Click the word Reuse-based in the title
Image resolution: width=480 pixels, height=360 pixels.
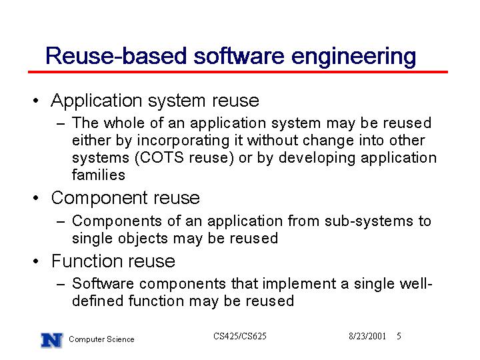pyautogui.click(x=116, y=56)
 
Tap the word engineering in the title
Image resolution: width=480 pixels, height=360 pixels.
pyautogui.click(x=353, y=57)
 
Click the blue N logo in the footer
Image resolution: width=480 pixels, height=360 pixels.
pyautogui.click(x=52, y=340)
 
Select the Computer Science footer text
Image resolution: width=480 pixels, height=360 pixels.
pyautogui.click(x=101, y=339)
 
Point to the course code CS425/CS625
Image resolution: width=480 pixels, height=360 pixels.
pyautogui.click(x=240, y=336)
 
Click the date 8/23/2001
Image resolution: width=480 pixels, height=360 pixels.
pyautogui.click(x=367, y=336)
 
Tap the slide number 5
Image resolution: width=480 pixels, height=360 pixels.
pyautogui.click(x=399, y=336)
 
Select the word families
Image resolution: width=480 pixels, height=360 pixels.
pyautogui.click(x=99, y=175)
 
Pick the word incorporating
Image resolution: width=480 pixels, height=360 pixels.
pyautogui.click(x=183, y=141)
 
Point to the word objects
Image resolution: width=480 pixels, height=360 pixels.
pyautogui.click(x=143, y=239)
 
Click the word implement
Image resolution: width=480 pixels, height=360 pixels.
pyautogui.click(x=299, y=284)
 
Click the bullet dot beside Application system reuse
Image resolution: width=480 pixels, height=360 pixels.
pyautogui.click(x=36, y=101)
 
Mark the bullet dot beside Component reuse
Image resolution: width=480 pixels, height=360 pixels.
pyautogui.click(x=36, y=198)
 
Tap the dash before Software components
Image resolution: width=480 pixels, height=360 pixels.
pyautogui.click(x=61, y=285)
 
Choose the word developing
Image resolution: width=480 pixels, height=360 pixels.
pyautogui.click(x=317, y=159)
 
